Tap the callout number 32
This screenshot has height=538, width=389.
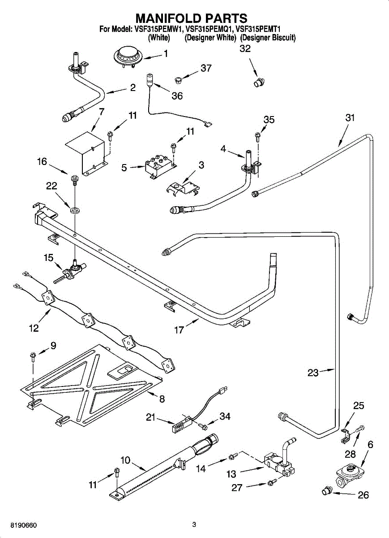coord(245,48)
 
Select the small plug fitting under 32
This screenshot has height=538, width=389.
coord(259,82)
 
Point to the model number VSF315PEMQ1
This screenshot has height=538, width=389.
coord(209,29)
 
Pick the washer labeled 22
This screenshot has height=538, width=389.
coord(75,211)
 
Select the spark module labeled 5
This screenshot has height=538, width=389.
coord(160,166)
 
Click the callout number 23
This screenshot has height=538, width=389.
coord(313,373)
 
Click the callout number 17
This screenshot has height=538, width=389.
coord(179,330)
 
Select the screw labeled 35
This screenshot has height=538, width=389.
coord(258,136)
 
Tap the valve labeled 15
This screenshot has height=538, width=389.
coord(71,273)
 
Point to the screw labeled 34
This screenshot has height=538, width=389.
coord(203,426)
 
